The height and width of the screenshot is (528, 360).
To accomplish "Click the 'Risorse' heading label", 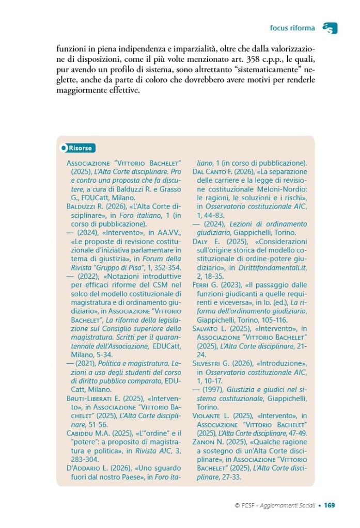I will coord(81,148).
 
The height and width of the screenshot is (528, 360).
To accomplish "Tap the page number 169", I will coord(330,505).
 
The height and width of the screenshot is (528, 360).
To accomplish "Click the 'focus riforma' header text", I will coord(292,27).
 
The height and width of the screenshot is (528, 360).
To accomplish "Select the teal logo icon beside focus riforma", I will coord(330,28).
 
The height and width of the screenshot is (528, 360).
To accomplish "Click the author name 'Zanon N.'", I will coord(206,442).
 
